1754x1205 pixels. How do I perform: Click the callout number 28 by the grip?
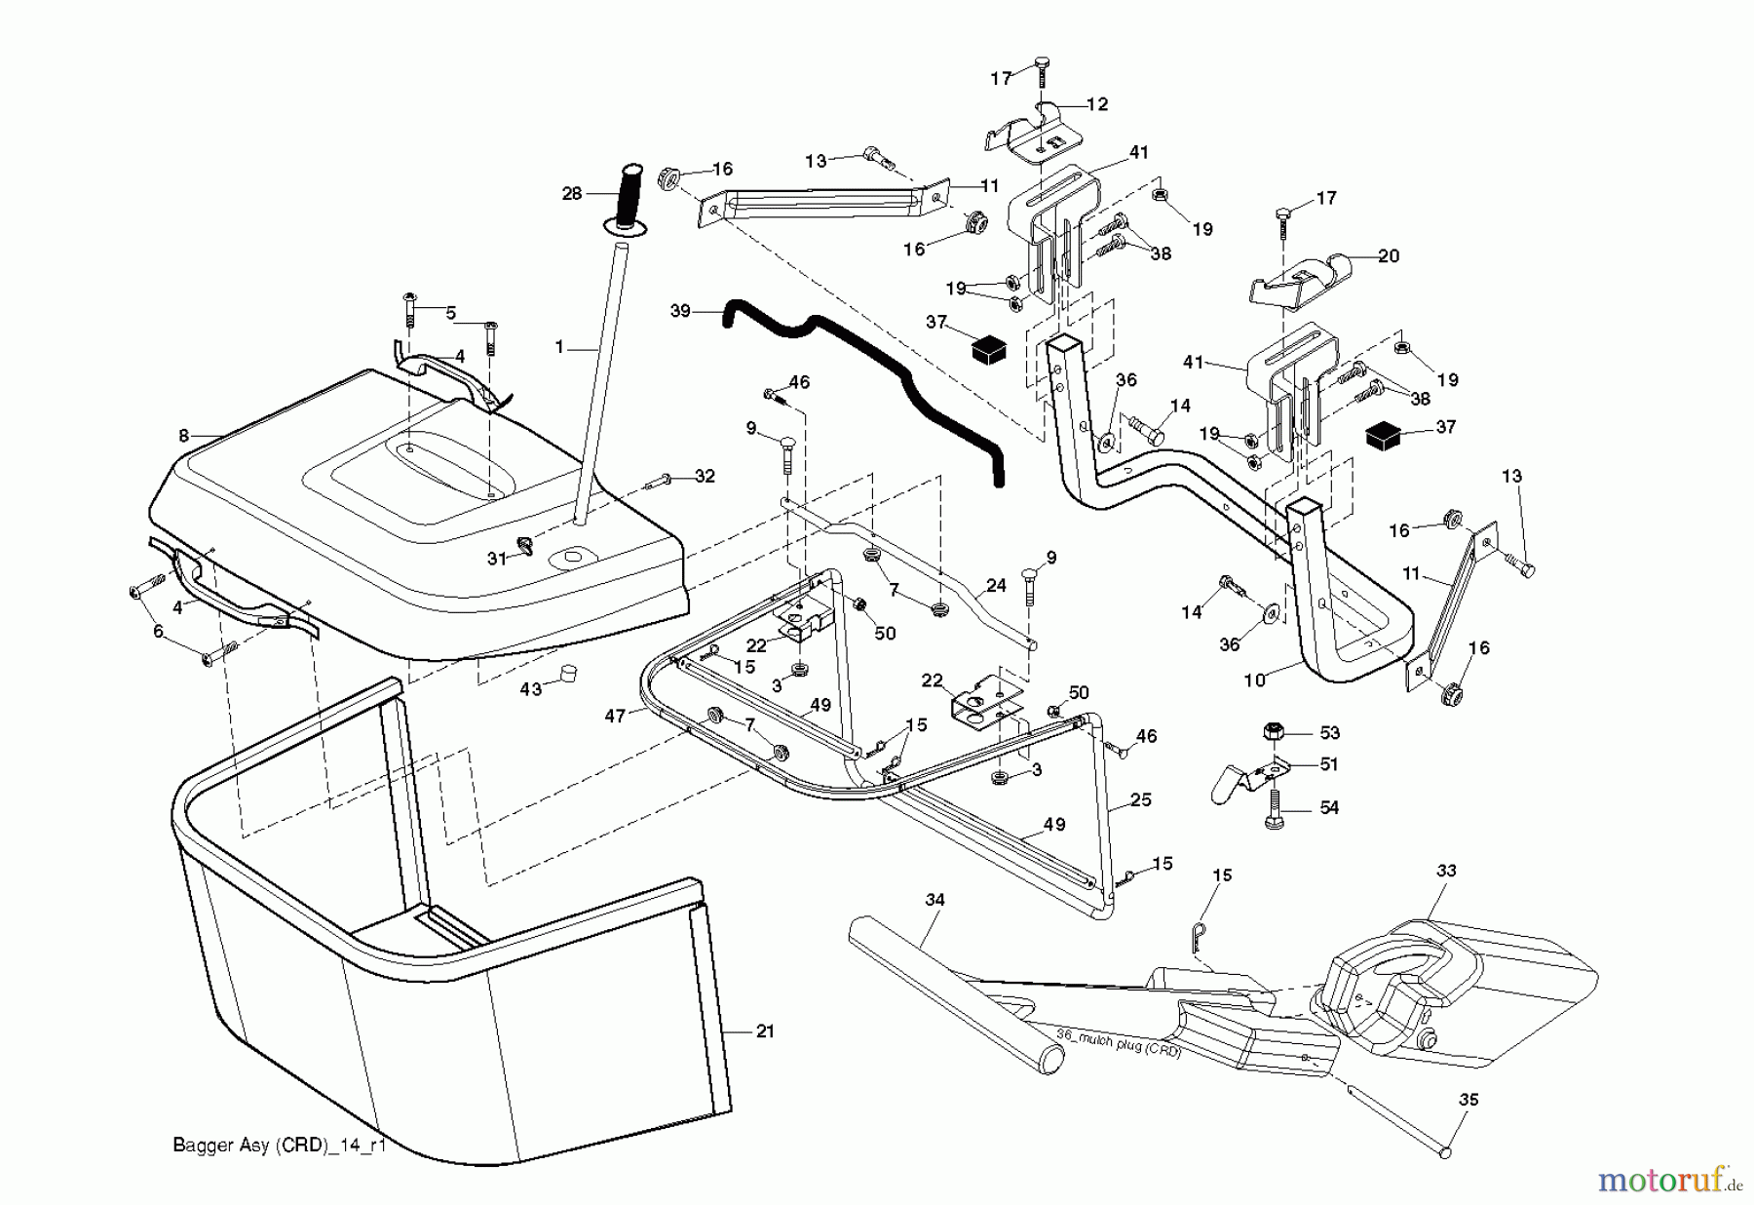(572, 193)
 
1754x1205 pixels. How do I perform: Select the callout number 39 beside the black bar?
(680, 311)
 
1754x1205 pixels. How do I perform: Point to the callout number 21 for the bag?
(765, 1031)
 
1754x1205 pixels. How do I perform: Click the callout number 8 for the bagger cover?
(183, 437)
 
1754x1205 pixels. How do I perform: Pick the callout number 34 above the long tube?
(934, 900)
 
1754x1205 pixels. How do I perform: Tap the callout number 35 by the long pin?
(1469, 1100)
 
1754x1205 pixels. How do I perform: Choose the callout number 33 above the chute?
(1446, 871)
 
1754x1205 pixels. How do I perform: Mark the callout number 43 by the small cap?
(531, 689)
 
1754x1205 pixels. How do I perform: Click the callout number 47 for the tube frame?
(615, 716)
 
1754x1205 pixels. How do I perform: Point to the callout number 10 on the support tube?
(1254, 680)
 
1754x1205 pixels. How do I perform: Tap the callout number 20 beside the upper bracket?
(1388, 256)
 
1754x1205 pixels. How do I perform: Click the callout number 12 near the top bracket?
(1096, 104)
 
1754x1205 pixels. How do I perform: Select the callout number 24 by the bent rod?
(995, 587)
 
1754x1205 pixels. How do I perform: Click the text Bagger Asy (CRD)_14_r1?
(280, 1146)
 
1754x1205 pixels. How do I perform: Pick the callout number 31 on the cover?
(497, 559)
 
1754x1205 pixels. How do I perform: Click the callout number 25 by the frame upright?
(1140, 799)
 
